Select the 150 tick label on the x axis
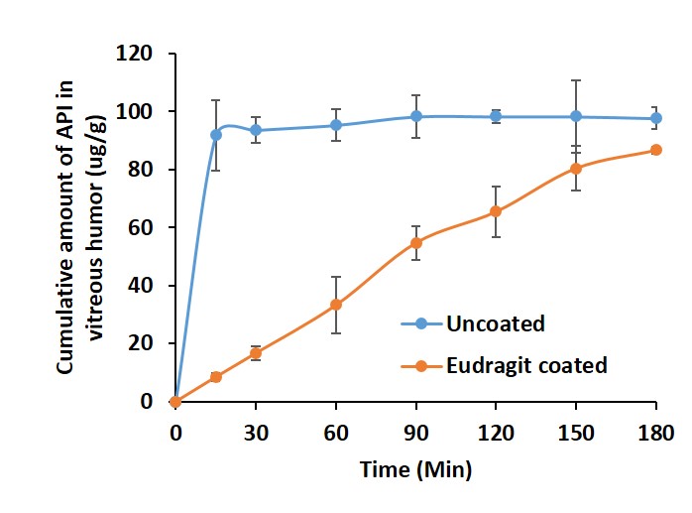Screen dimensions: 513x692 point(576,433)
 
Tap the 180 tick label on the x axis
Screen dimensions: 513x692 point(656,433)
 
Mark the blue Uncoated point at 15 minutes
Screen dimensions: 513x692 point(215,134)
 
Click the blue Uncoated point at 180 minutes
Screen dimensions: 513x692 point(656,118)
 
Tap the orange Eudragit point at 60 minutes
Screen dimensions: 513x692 point(336,305)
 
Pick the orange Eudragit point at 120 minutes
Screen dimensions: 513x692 point(496,211)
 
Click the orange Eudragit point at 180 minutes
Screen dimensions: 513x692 point(656,150)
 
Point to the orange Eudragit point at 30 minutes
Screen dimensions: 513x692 point(256,353)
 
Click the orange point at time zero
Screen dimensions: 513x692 point(175,402)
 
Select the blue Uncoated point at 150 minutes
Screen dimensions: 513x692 point(576,116)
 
